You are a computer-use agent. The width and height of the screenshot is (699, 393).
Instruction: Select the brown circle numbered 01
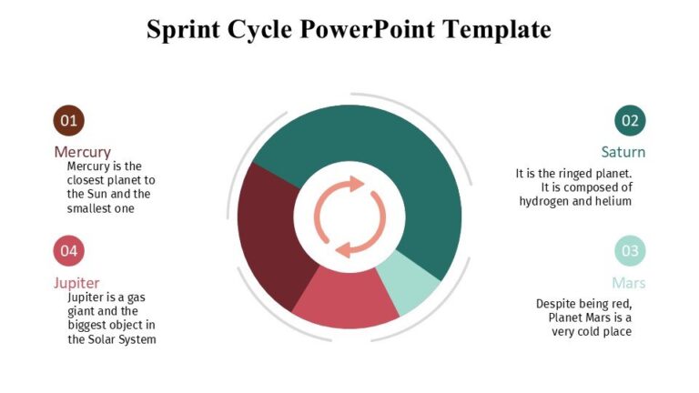coord(68,120)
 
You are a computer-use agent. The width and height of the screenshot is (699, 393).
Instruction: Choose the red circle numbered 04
coord(68,250)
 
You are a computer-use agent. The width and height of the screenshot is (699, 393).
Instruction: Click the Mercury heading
coord(82,152)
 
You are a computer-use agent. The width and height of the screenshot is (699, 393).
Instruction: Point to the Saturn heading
coord(623,152)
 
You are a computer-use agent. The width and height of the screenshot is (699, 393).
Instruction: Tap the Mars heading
coord(628,283)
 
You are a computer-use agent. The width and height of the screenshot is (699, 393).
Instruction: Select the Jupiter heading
coord(76,283)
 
